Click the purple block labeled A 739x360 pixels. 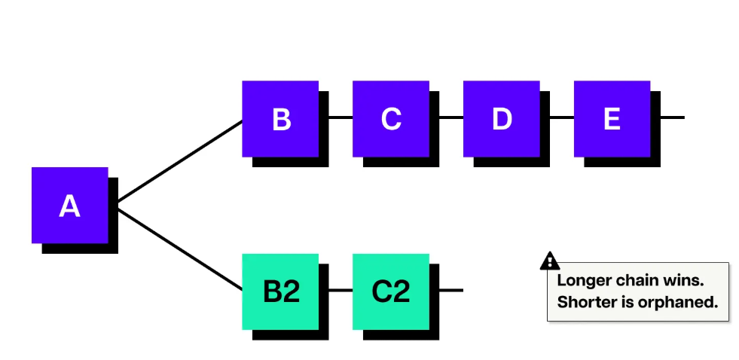click(69, 205)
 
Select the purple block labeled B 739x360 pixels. click(280, 119)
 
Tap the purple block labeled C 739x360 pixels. click(391, 119)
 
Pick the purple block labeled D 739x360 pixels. click(502, 119)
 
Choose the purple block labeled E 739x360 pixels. click(612, 119)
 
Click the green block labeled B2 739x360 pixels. click(280, 291)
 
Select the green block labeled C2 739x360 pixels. click(391, 291)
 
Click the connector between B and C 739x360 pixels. click(340, 117)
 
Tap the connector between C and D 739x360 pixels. click(451, 117)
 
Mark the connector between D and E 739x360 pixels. click(562, 117)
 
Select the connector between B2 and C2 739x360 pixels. click(340, 290)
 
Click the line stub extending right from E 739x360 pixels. click(672, 117)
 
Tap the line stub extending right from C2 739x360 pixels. click(450, 290)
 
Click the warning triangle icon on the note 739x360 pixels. click(550, 261)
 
